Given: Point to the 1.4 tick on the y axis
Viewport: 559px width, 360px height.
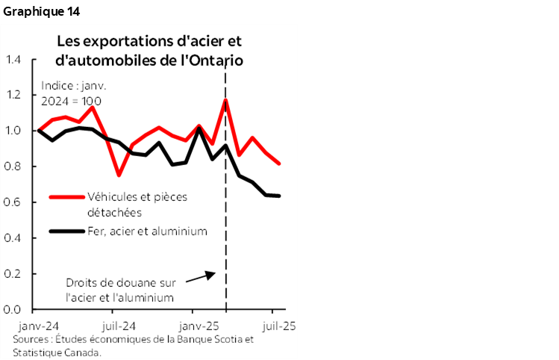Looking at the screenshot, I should (x=13, y=60).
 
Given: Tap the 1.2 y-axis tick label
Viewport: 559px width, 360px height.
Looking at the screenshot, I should (x=13, y=96).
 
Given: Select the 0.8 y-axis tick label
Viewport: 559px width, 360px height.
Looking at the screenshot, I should (x=13, y=167).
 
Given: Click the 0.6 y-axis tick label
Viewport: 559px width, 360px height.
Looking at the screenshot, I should (x=13, y=202).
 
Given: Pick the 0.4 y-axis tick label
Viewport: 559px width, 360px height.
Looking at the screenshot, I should (x=13, y=238).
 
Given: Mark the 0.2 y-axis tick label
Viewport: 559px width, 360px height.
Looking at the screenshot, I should (x=13, y=273).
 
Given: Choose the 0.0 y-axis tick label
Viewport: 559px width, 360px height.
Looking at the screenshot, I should (x=13, y=309).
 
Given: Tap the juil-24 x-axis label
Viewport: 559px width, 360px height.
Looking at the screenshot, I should (x=117, y=326).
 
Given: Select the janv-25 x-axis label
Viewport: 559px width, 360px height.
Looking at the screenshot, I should (x=199, y=326).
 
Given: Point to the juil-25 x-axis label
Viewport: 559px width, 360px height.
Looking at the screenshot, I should (x=279, y=326).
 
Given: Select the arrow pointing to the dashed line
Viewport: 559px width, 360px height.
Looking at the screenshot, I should (x=199, y=276).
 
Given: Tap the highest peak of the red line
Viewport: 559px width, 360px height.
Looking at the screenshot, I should (x=225, y=99).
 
